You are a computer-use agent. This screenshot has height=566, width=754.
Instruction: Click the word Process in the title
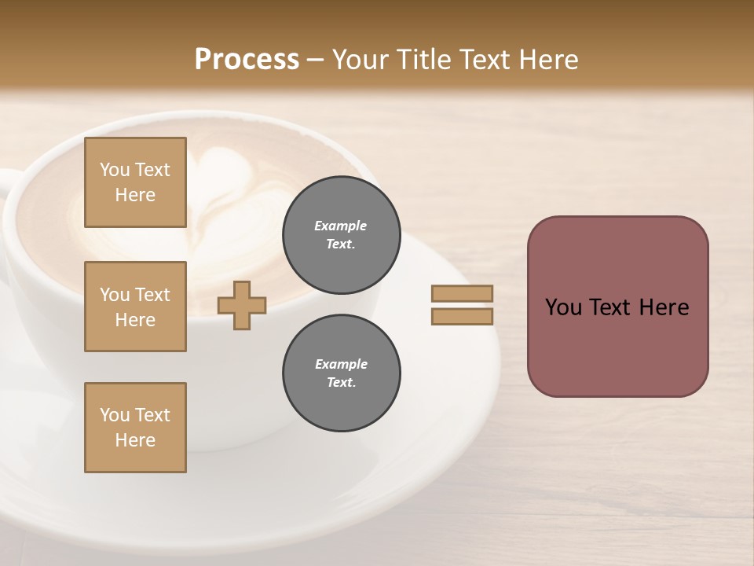tap(247, 60)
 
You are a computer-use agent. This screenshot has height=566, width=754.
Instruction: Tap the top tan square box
tap(135, 182)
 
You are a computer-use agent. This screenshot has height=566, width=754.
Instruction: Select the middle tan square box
tap(135, 307)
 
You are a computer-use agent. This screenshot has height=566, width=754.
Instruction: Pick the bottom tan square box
tap(135, 428)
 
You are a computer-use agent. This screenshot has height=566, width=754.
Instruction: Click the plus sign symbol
tap(242, 305)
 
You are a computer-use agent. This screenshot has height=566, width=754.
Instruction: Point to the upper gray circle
tap(341, 234)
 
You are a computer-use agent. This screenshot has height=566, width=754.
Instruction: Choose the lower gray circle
tap(341, 373)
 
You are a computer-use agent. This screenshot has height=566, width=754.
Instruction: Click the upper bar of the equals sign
tap(462, 293)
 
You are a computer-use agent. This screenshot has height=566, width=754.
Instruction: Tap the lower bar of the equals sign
tap(462, 316)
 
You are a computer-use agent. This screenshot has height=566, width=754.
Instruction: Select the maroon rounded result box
tap(617, 307)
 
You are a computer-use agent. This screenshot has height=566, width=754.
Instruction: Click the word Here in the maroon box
tap(664, 307)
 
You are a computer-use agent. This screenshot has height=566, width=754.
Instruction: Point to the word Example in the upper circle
tap(341, 226)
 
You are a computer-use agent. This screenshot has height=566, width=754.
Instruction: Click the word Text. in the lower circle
tap(341, 383)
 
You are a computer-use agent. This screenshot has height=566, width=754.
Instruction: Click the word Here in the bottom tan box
tap(135, 440)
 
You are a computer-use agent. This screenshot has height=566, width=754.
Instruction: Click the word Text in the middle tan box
tap(152, 295)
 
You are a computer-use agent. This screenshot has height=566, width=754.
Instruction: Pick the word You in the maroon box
tap(563, 307)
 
